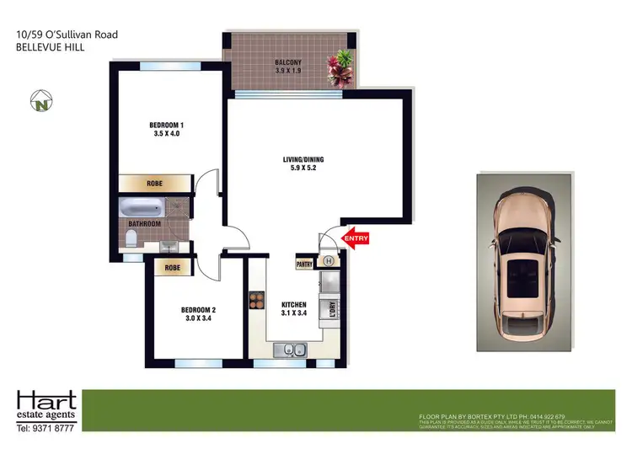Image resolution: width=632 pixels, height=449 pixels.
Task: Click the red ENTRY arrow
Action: tap(355, 239)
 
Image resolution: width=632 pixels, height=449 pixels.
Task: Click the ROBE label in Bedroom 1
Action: tap(154, 183)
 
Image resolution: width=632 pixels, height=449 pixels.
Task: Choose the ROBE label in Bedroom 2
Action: tap(173, 268)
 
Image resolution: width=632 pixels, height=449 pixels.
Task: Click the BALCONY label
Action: tap(289, 62)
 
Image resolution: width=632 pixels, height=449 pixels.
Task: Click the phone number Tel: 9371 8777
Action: tap(47, 427)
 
